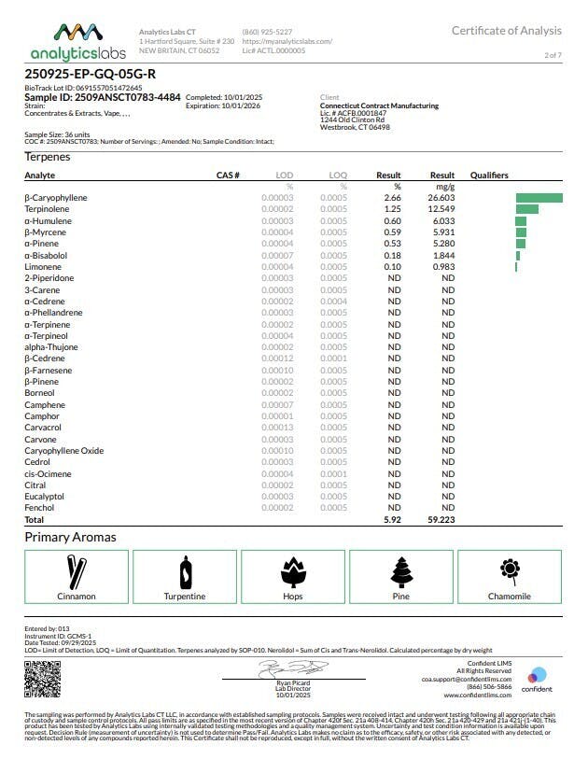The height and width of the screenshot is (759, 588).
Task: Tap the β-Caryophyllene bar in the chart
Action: coord(539,198)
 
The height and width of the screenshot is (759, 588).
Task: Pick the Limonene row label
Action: coord(42,267)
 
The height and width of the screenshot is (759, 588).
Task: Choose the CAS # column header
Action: coord(228,176)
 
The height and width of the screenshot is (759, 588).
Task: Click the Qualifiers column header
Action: coord(489,176)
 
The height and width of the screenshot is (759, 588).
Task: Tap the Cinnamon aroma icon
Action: coord(76,571)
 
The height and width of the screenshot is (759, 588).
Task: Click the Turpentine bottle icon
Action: coord(185,571)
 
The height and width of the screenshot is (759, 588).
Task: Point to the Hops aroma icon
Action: coord(293,571)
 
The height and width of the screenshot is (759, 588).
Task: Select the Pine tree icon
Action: coord(401,571)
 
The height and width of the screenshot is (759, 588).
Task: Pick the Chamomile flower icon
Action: coord(510,569)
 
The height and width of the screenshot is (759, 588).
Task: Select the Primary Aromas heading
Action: coord(70,537)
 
